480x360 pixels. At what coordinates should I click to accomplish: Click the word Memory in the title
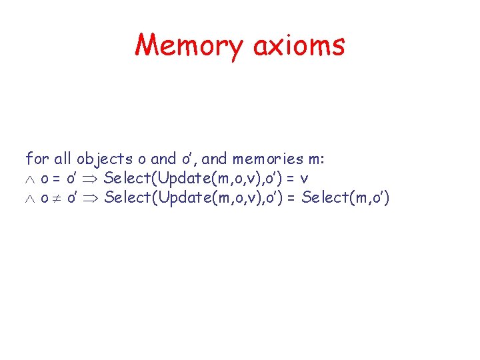(189, 45)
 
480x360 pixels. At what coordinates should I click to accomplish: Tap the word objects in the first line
(104, 159)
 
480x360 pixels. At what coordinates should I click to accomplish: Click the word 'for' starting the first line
(37, 159)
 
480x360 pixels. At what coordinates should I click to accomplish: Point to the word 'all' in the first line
(63, 159)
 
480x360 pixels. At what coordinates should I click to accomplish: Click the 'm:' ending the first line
(313, 159)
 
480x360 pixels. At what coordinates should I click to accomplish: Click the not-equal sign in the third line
(56, 198)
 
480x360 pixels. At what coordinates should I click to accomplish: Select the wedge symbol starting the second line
(29, 179)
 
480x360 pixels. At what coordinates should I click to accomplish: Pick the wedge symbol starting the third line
(29, 198)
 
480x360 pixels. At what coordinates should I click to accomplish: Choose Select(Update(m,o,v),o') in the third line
(193, 198)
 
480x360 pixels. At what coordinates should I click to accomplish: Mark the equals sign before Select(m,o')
(291, 198)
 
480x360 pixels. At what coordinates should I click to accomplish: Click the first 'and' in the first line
(163, 159)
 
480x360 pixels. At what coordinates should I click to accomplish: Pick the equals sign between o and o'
(56, 179)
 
